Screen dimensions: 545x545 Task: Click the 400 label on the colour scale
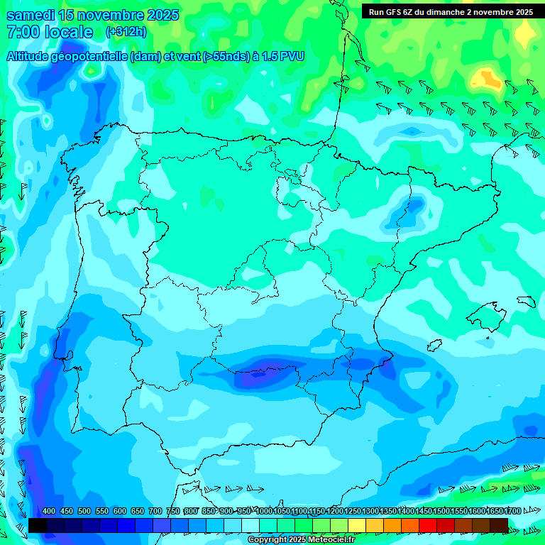(49, 512)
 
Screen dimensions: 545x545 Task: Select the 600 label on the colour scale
(120, 512)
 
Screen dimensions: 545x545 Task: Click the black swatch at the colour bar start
(38, 525)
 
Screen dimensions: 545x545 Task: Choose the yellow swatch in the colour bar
(357, 525)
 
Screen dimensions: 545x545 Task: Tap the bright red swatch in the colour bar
(428, 525)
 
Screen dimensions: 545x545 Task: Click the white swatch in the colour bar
(251, 525)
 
